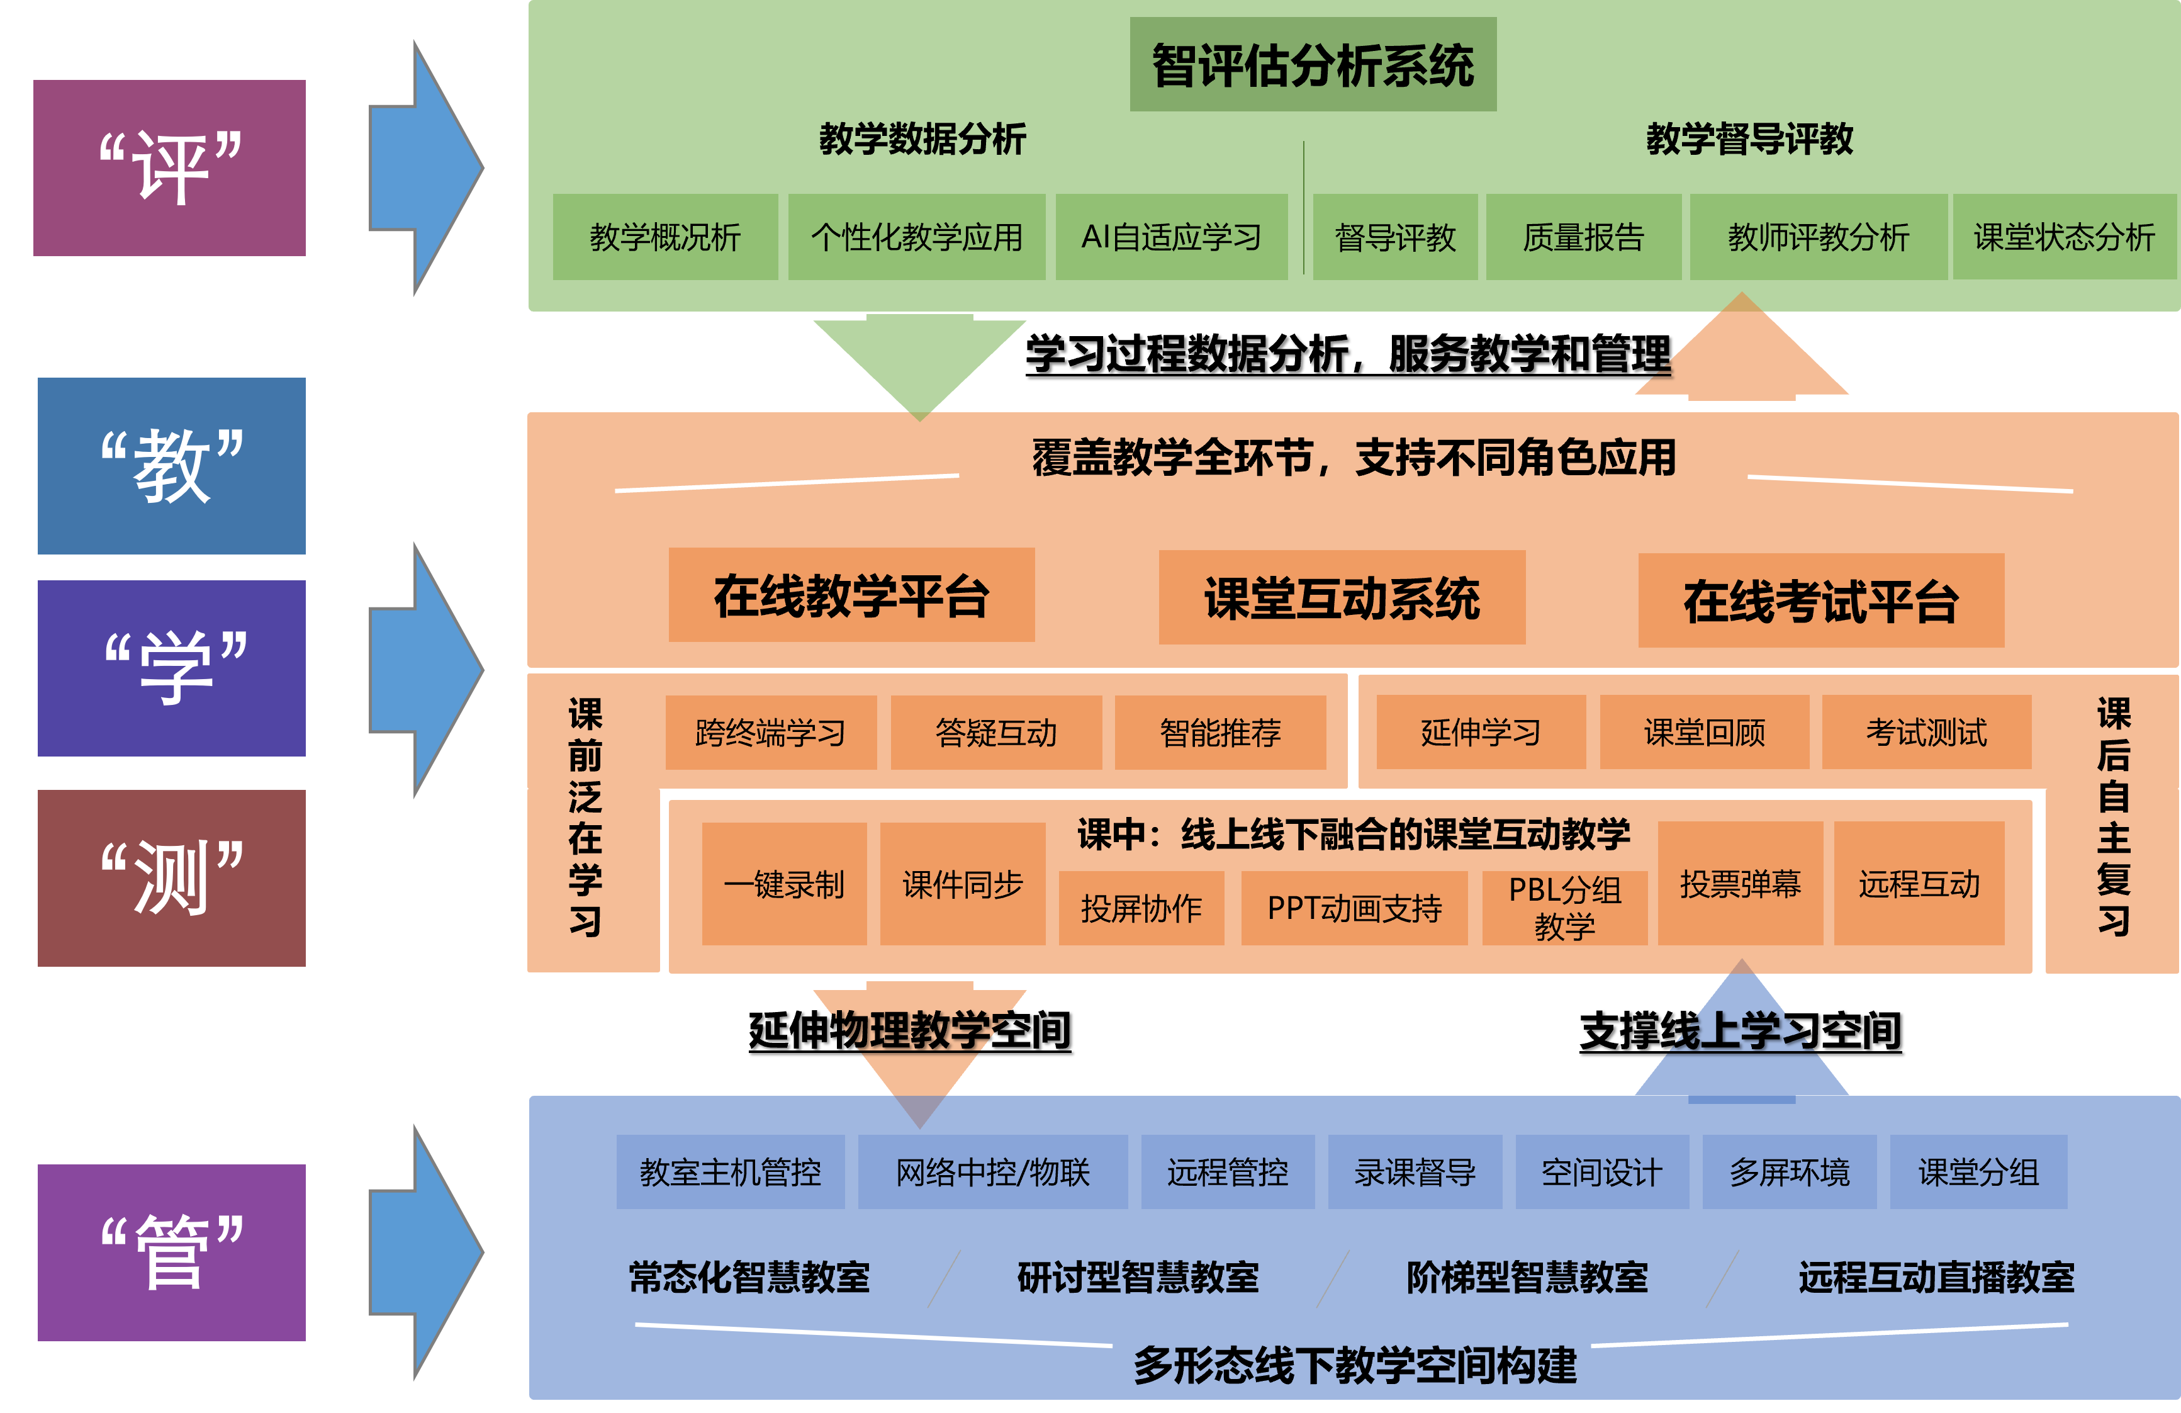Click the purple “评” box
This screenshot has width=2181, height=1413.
click(x=169, y=167)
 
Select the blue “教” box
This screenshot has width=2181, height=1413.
click(x=171, y=466)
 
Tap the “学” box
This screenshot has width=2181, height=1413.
click(x=171, y=668)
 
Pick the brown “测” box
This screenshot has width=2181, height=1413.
click(x=171, y=878)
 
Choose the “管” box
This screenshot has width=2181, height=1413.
click(x=171, y=1252)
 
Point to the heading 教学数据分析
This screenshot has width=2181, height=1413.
click(x=922, y=139)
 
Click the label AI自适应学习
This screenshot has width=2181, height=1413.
click(x=1171, y=237)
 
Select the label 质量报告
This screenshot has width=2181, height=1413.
click(x=1583, y=237)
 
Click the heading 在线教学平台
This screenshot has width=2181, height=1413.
click(x=851, y=597)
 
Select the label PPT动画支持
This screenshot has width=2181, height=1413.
click(x=1354, y=908)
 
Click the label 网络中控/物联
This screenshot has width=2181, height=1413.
click(x=992, y=1172)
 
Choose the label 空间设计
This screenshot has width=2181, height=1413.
click(x=1601, y=1172)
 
